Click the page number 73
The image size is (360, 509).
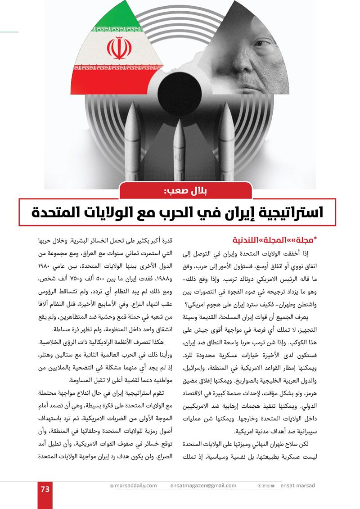pos(45,489)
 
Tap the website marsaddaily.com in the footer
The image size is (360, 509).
pos(135,486)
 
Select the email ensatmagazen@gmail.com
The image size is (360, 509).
pos(203,486)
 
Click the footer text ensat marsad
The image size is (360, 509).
pos(297,486)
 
